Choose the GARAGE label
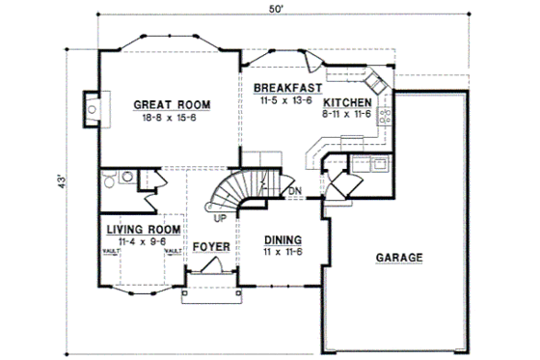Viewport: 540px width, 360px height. click(398, 259)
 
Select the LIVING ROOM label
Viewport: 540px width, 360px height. click(136, 228)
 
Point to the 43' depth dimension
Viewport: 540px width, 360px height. click(61, 180)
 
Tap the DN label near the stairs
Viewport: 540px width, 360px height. click(295, 192)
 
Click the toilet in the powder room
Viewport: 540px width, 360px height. click(110, 180)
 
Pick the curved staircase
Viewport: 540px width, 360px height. click(236, 190)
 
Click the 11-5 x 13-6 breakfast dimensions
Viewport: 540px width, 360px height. click(286, 99)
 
